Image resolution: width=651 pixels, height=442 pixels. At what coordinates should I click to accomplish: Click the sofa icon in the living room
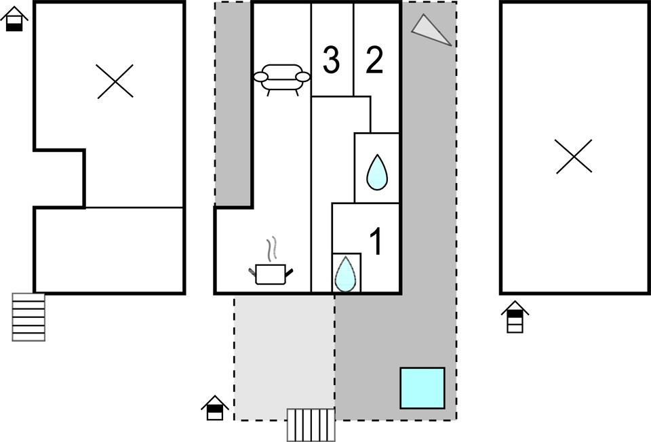coord(282,79)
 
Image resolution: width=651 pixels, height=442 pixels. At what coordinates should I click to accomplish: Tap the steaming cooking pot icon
coord(271,261)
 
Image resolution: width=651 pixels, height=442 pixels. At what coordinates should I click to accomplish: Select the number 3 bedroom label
coord(332,60)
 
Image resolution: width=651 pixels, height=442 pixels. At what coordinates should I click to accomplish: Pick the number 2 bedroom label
coord(374,60)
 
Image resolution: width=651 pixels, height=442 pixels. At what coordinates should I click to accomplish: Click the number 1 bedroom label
coord(376,241)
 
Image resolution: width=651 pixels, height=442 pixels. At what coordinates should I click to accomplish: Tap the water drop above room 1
coord(377,173)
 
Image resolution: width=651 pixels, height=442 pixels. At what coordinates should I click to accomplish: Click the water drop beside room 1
coord(345,274)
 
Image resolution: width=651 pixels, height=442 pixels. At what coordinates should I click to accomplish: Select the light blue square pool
coord(422,388)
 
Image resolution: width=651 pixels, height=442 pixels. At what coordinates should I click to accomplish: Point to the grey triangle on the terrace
coord(431,30)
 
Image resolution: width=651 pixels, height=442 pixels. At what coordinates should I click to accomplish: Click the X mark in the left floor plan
coord(115,81)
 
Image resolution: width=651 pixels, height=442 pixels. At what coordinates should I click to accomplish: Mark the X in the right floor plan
coord(574,156)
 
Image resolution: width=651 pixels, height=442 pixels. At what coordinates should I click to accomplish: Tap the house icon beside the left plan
coord(14,19)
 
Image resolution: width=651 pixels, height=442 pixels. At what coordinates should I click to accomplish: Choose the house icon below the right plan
coord(515,317)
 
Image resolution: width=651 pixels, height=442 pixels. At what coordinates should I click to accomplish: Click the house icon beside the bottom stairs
coord(215,407)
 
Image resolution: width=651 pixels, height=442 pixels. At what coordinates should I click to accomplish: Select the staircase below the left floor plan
coord(28,317)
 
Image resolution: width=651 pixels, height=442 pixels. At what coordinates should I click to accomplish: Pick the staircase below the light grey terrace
coord(311,425)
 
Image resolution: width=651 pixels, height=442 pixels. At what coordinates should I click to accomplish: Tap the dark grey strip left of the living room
coord(233,104)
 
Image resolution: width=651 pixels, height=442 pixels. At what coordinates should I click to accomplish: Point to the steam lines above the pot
coord(271,249)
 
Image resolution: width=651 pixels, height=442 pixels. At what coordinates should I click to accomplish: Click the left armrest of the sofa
coord(261,77)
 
